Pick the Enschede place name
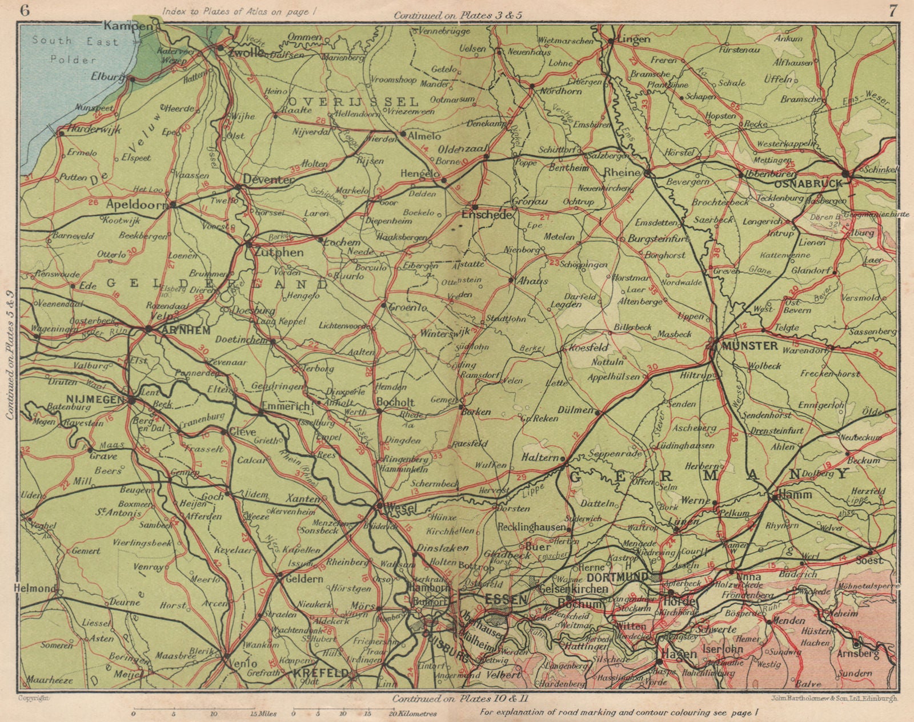pos(491,217)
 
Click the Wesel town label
pos(398,507)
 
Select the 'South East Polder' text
pos(75,50)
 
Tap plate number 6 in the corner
pos(24,9)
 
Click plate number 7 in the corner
pos(891,9)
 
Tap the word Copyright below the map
pos(34,698)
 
